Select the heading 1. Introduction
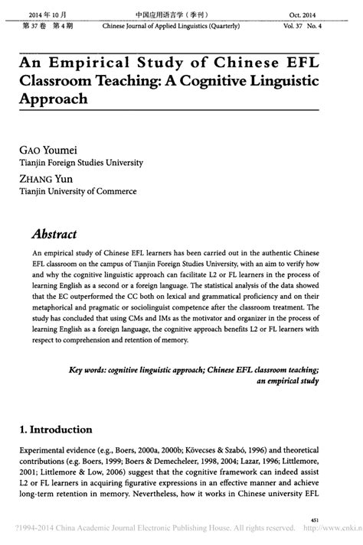[x=55, y=429]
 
